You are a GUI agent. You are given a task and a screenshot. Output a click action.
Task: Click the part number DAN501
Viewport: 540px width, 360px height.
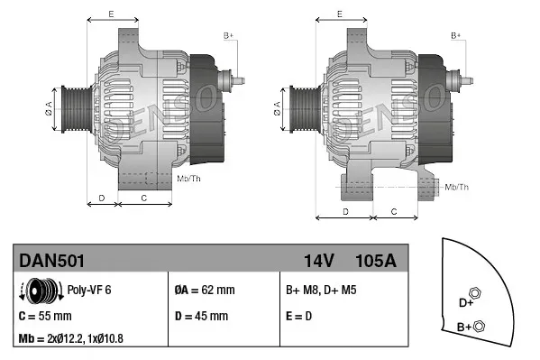click(x=52, y=261)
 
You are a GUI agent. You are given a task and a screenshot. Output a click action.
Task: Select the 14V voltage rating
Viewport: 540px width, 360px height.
click(x=318, y=261)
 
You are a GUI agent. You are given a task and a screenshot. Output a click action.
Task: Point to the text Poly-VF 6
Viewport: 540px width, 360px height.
click(x=89, y=291)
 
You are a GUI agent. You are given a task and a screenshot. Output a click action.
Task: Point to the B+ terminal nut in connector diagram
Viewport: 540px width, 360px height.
click(x=479, y=326)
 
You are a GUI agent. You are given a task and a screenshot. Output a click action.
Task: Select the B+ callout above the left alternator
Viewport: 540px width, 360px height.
click(x=228, y=34)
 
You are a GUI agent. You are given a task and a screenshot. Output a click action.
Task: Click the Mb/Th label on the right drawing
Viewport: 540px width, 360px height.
click(x=457, y=187)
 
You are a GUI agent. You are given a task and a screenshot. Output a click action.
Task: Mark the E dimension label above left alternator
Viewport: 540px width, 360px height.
click(x=111, y=14)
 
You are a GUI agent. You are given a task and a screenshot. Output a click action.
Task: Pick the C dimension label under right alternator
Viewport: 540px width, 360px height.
click(x=394, y=210)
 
